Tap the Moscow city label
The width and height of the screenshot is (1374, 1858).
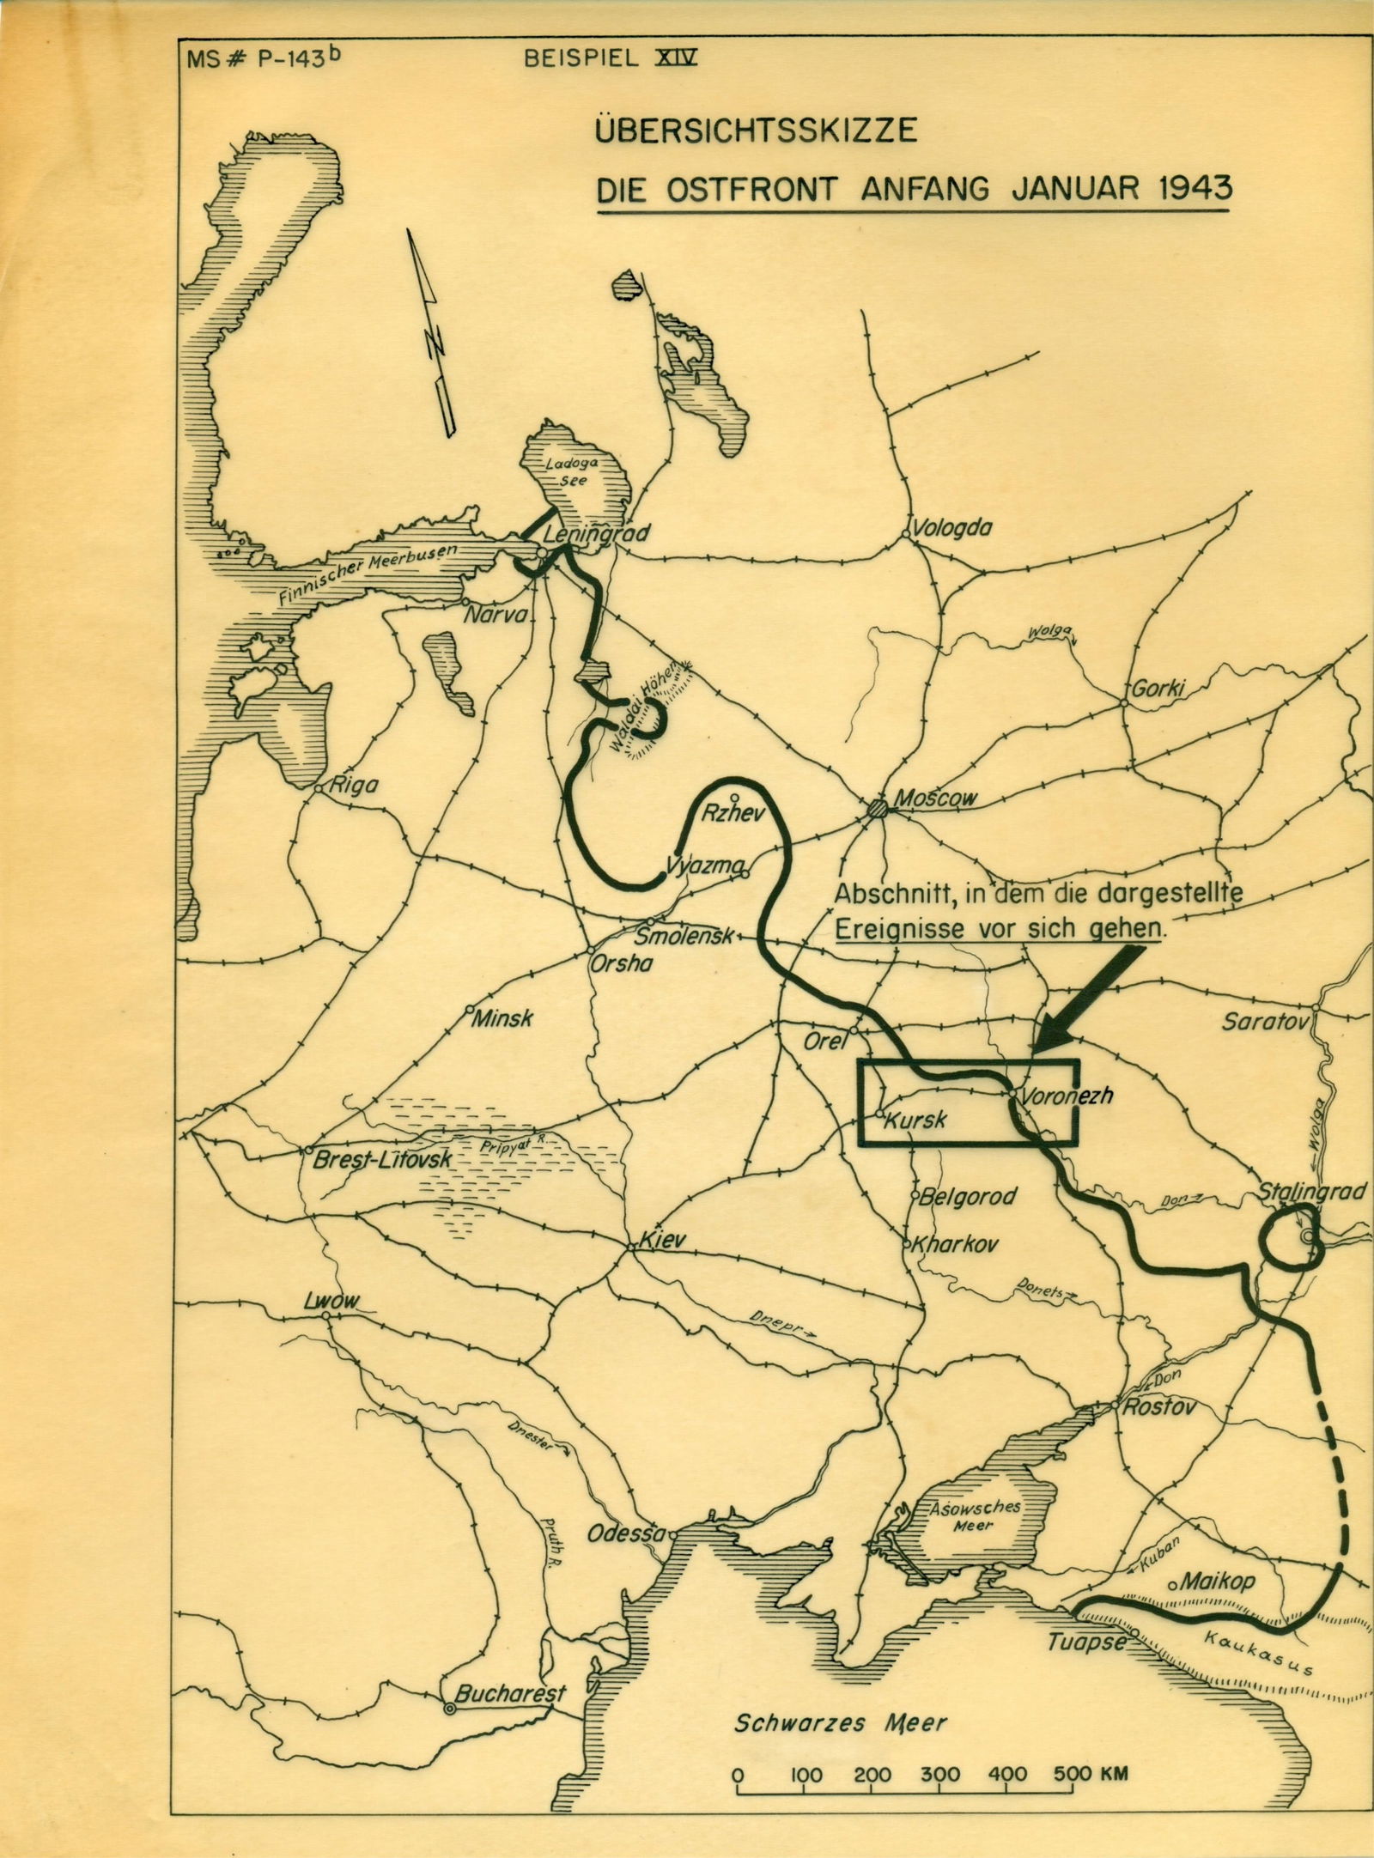(x=935, y=798)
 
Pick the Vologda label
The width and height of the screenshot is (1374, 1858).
(x=953, y=527)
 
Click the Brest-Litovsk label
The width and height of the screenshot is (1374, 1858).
(x=388, y=1158)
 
